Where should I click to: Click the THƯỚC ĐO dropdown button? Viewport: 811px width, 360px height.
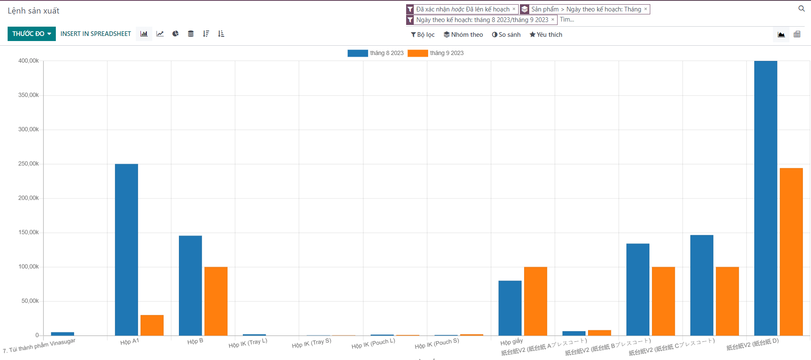click(x=31, y=34)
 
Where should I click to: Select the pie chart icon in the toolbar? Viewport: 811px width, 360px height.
click(x=175, y=34)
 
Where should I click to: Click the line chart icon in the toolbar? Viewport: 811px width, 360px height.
click(x=160, y=34)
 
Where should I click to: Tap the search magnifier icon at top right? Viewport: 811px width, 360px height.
click(x=801, y=9)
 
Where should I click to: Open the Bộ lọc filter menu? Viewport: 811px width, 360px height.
click(x=423, y=35)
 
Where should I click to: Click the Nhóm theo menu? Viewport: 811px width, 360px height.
click(x=463, y=35)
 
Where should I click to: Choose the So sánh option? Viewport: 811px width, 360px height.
click(x=506, y=35)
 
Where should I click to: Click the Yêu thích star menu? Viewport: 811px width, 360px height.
click(x=546, y=35)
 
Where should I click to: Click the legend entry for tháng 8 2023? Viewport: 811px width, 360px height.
click(x=376, y=53)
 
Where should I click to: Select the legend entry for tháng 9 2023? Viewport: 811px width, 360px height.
click(x=436, y=53)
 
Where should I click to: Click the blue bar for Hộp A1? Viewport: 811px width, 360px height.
click(x=126, y=250)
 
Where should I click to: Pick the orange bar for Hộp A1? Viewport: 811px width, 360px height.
click(x=152, y=325)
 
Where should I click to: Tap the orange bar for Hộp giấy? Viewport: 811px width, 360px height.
click(x=535, y=301)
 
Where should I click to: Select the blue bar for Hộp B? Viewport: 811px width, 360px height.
click(x=190, y=286)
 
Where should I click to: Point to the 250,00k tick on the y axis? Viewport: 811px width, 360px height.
click(x=28, y=164)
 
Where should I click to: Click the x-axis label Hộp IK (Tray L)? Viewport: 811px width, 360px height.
click(x=248, y=343)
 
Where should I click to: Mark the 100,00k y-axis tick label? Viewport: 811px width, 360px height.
click(x=28, y=267)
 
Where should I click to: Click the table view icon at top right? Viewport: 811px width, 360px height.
click(x=797, y=34)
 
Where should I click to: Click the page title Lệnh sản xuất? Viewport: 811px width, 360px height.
click(x=33, y=11)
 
